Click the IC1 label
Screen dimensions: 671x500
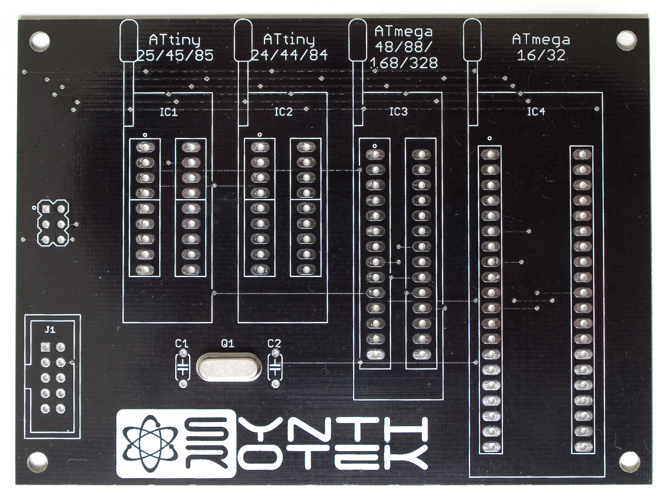169,112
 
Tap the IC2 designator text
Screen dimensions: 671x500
284,112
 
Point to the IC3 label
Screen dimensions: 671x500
399,112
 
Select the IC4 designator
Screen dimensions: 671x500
536,112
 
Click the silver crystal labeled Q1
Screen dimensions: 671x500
229,367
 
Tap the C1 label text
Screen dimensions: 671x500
182,343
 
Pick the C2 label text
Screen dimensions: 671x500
274,343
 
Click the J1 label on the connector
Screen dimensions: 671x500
50,330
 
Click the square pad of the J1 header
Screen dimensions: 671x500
45,347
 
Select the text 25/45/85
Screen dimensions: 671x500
175,56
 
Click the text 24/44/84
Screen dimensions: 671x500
290,55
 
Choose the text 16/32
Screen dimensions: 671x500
541,55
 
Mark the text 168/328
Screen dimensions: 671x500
404,63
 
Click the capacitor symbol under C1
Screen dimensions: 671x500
183,368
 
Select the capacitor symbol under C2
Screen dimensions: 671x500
275,368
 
